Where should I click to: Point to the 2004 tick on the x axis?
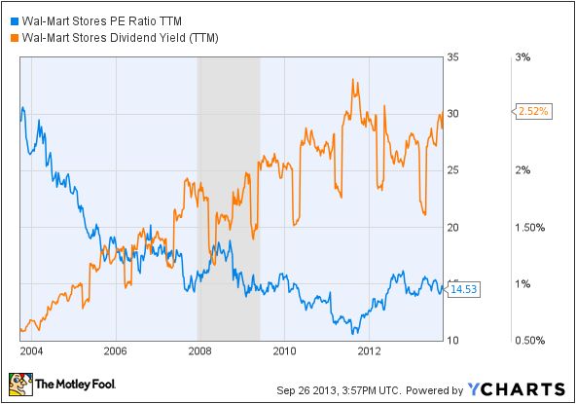[31, 349]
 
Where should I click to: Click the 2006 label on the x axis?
[116, 349]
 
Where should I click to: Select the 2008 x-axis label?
[199, 349]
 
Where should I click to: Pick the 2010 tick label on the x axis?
[284, 349]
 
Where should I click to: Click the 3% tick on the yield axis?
[522, 57]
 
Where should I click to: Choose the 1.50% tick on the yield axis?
[530, 227]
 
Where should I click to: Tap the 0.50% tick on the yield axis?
[530, 340]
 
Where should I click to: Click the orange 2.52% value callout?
[532, 112]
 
